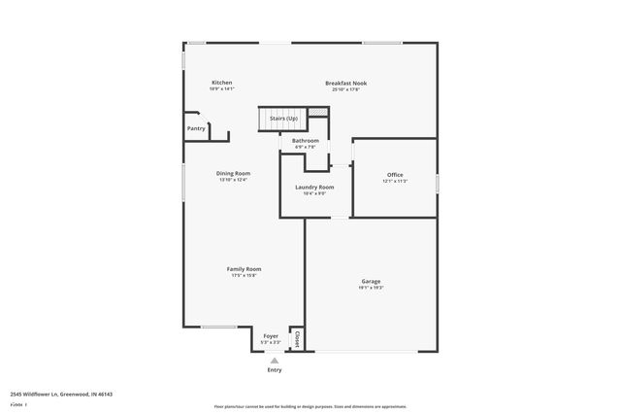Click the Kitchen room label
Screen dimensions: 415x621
[221, 83]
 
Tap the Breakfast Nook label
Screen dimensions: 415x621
[345, 83]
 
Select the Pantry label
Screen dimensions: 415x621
[196, 127]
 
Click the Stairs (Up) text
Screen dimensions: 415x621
[283, 119]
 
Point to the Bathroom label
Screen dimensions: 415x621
[305, 140]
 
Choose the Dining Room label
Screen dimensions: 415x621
[233, 173]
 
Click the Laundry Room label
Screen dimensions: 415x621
[314, 187]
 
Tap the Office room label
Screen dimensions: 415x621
[393, 174]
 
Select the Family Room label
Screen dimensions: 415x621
[244, 268]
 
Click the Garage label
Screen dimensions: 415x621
[371, 281]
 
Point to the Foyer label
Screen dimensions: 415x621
[271, 335]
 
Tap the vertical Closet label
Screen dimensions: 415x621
[298, 339]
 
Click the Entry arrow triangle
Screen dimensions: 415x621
[275, 360]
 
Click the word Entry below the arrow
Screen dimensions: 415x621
[275, 370]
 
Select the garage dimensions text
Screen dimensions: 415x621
[371, 288]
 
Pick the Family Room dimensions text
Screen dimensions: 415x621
[244, 275]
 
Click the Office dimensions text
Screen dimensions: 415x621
[393, 181]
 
